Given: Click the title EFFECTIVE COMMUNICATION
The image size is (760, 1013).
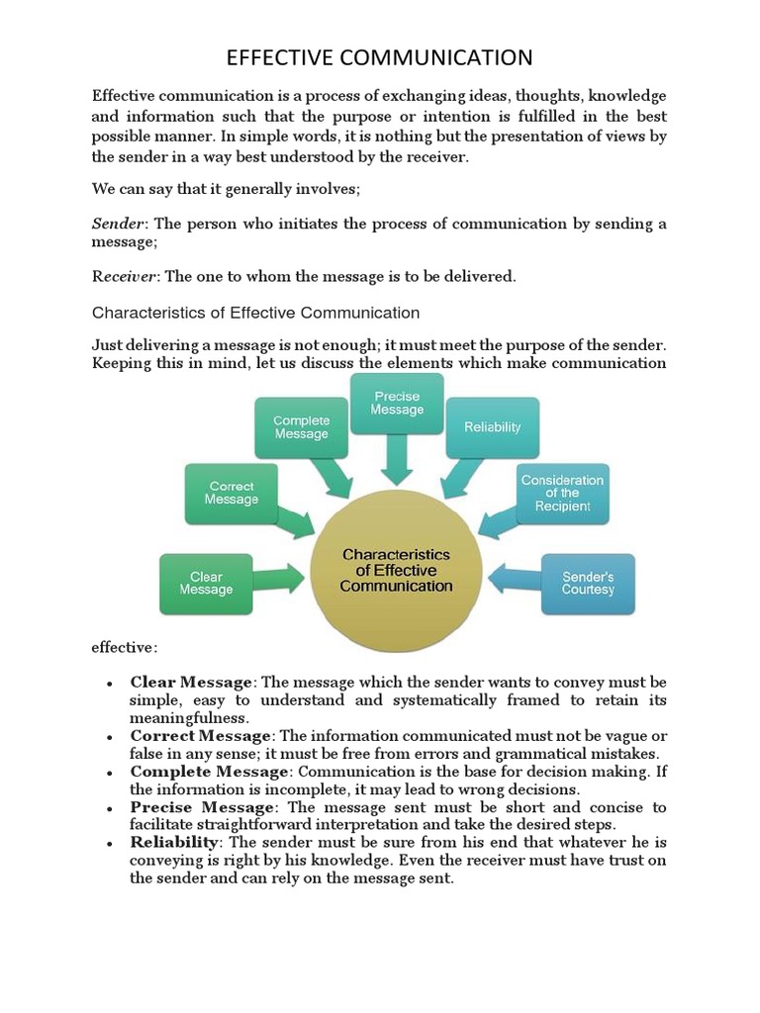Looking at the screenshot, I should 379,57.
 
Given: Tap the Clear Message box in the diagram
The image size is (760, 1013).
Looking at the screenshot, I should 206,583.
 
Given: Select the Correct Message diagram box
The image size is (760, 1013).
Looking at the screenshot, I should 232,493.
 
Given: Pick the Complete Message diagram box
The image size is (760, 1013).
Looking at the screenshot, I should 301,427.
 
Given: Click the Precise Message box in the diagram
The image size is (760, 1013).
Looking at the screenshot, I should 397,403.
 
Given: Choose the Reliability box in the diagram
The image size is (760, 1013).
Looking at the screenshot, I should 492,427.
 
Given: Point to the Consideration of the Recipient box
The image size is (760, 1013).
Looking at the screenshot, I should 562,493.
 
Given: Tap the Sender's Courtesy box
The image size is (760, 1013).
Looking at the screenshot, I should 588,583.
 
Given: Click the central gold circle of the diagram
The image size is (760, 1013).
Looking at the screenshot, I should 396,571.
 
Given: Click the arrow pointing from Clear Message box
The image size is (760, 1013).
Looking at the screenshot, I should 280,579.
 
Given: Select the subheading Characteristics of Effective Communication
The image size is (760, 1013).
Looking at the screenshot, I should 255,313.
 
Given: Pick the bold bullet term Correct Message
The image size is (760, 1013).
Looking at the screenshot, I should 200,736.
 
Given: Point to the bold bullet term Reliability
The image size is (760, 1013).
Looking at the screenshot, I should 173,843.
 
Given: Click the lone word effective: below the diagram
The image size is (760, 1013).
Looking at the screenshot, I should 124,648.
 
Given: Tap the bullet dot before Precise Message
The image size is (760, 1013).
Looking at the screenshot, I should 109,808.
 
